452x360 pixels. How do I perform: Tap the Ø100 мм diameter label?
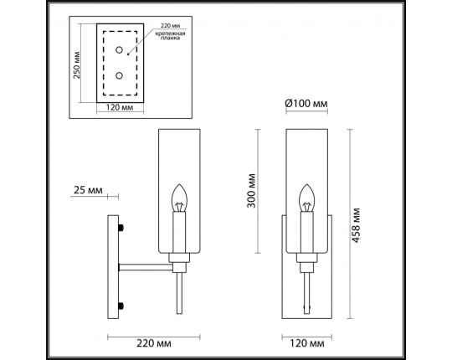coord(306,103)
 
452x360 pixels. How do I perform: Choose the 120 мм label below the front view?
coord(306,344)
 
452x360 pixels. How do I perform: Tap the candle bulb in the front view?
coord(306,199)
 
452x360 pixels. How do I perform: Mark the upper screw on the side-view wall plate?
coord(125,228)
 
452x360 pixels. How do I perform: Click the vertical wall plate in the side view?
coord(115,267)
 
